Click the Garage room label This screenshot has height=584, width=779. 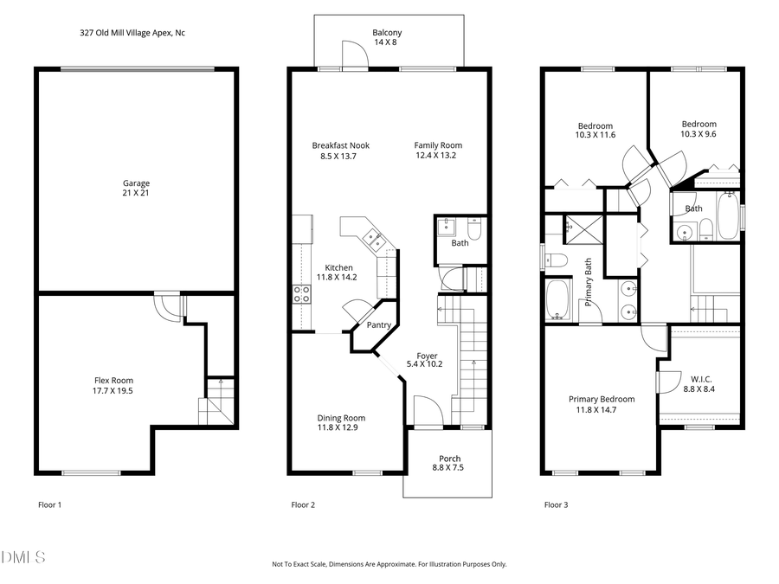tap(136, 183)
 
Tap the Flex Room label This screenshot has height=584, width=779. tap(114, 380)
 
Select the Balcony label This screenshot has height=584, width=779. tap(387, 33)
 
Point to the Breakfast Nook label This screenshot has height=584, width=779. tap(341, 145)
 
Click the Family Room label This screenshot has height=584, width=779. tap(438, 145)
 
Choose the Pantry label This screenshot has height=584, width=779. tap(379, 325)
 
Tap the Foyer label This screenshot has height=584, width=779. tap(427, 356)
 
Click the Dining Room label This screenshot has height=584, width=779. tap(341, 417)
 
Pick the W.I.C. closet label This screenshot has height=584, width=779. tap(701, 380)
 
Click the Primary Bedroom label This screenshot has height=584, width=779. tap(602, 399)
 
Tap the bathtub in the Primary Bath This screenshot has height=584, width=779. tap(558, 299)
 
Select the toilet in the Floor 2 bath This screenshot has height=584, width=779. tap(473, 229)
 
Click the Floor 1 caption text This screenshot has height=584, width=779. tap(50, 504)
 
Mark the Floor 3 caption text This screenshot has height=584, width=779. tap(556, 504)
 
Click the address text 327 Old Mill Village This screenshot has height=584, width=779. tap(131, 33)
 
